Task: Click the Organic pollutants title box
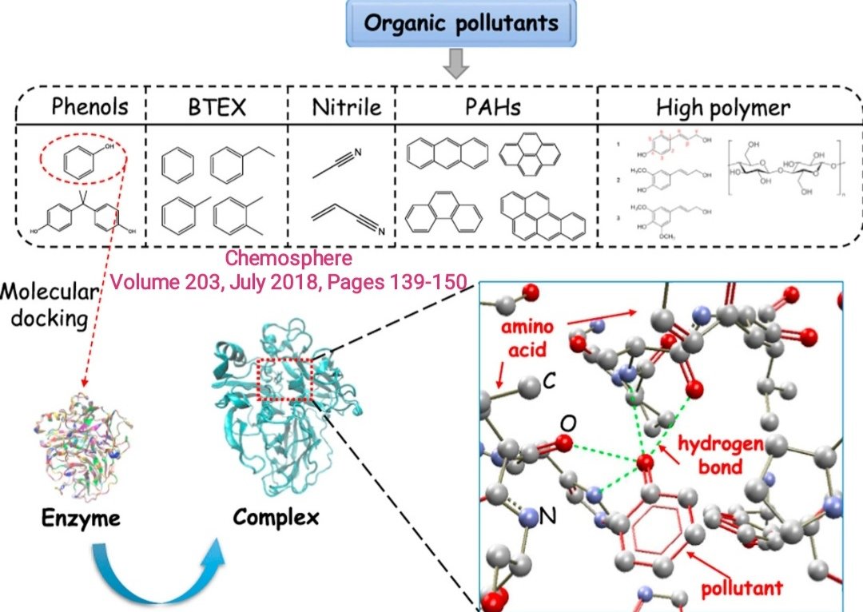[x=460, y=23]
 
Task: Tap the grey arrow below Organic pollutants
[x=456, y=65]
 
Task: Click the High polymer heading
[x=723, y=107]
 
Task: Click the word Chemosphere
[x=288, y=259]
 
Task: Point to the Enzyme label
[x=82, y=519]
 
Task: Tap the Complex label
[x=276, y=517]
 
